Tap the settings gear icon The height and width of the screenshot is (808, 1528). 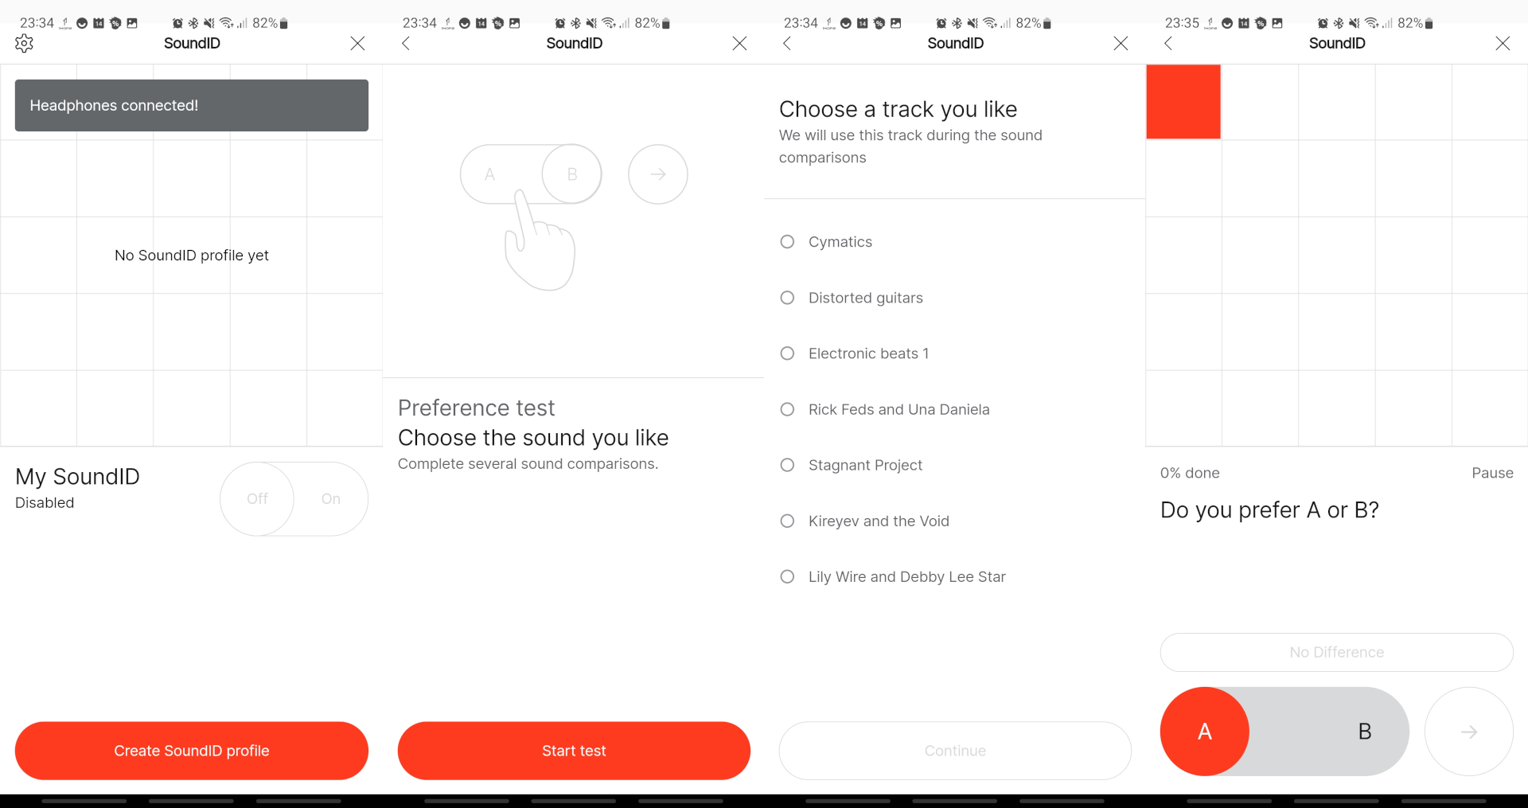coord(24,43)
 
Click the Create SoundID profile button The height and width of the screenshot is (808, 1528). coord(192,751)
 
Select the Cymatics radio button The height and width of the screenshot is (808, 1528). coord(787,241)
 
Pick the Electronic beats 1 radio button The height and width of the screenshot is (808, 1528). coord(787,353)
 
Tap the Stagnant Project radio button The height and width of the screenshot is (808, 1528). coord(787,465)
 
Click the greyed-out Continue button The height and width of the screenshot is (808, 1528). coord(955,751)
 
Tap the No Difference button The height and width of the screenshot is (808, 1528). coord(1337,652)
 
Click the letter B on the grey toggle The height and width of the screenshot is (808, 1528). coord(1365,732)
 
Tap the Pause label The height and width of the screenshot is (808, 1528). coord(1492,473)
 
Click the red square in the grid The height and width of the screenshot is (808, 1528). coord(1183,102)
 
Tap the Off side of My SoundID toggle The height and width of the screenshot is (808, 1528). coord(257,499)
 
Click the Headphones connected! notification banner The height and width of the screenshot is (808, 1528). coord(192,105)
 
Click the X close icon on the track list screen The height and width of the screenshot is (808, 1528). coord(1121,43)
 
